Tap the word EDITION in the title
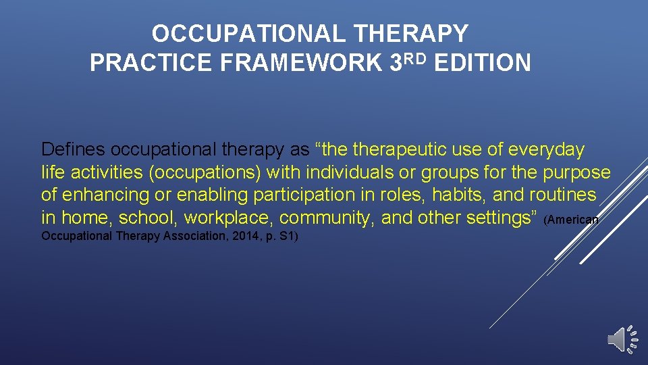483,63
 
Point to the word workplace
229,218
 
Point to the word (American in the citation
571,220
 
